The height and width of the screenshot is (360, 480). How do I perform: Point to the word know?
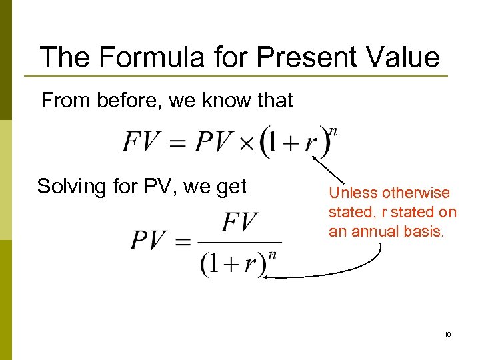[x=231, y=101]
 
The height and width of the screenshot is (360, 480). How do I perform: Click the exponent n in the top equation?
[x=334, y=131]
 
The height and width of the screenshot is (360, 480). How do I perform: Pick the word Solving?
[x=72, y=187]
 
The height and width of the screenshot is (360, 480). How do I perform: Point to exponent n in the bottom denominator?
[x=272, y=254]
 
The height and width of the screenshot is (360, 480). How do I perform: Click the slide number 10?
[x=447, y=333]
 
